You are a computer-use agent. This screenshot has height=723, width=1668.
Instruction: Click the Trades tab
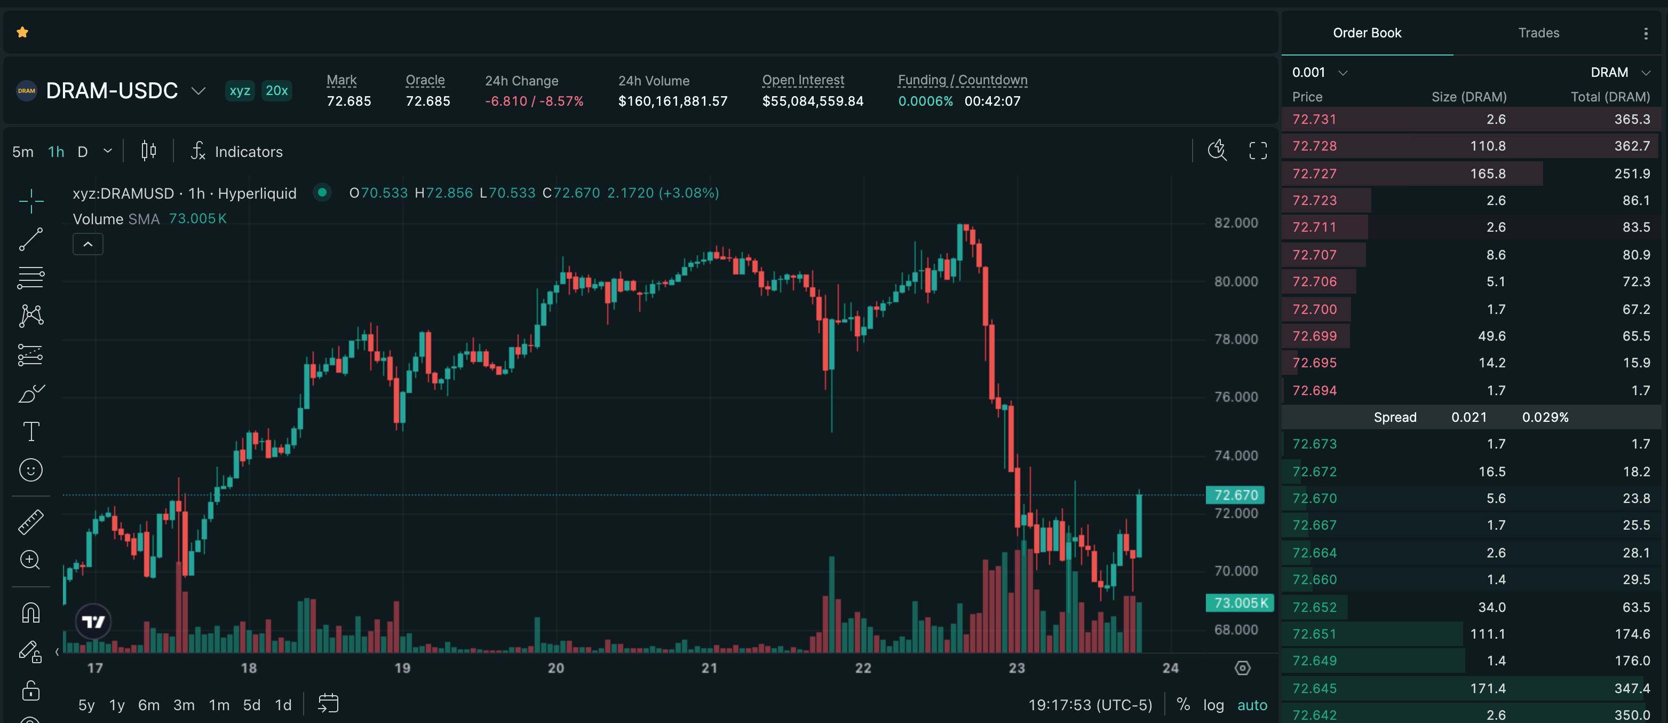pyautogui.click(x=1538, y=33)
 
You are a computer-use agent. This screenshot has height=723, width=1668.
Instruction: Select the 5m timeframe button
pyautogui.click(x=22, y=152)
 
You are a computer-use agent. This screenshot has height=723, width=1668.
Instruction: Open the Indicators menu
pyautogui.click(x=237, y=152)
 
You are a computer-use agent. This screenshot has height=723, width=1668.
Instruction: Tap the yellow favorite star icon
pyautogui.click(x=22, y=32)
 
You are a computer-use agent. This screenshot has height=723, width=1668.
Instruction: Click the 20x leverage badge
pyautogui.click(x=276, y=91)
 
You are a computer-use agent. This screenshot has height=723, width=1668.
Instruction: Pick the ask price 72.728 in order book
pyautogui.click(x=1314, y=146)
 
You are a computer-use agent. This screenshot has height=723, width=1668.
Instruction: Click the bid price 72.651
pyautogui.click(x=1314, y=634)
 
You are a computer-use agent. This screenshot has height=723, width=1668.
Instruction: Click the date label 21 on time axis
pyautogui.click(x=710, y=668)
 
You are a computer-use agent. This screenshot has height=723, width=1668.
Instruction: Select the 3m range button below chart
pyautogui.click(x=184, y=705)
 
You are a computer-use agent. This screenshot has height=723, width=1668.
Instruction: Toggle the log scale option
pyautogui.click(x=1213, y=705)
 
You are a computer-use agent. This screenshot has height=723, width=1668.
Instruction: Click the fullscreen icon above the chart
pyautogui.click(x=1258, y=151)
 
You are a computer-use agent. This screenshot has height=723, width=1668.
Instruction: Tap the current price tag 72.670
pyautogui.click(x=1235, y=495)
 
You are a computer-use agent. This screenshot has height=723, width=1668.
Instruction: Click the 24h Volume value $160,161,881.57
pyautogui.click(x=673, y=101)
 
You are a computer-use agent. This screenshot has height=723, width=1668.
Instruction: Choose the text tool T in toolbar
pyautogui.click(x=31, y=431)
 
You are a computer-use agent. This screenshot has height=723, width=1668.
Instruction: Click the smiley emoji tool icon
pyautogui.click(x=31, y=470)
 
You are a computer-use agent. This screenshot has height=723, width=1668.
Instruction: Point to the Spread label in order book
pyautogui.click(x=1395, y=417)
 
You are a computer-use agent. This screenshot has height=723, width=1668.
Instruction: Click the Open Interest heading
pyautogui.click(x=803, y=80)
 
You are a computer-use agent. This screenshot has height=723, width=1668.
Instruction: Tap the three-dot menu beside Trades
pyautogui.click(x=1646, y=34)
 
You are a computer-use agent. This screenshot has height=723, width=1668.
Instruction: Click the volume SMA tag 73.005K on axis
pyautogui.click(x=1240, y=602)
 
